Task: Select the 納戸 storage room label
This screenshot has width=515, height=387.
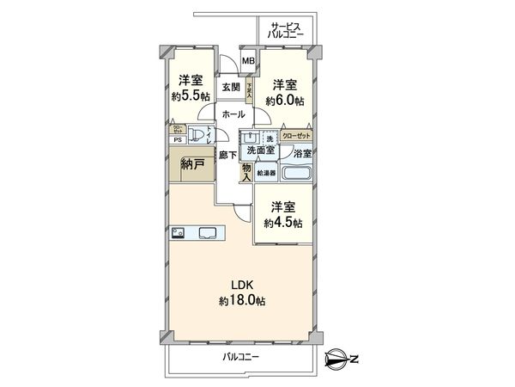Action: [193, 164]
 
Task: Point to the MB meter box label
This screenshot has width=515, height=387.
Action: [247, 61]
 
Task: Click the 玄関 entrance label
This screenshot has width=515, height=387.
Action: [230, 87]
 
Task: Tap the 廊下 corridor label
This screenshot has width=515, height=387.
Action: [227, 155]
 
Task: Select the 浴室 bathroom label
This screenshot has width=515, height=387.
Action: [302, 153]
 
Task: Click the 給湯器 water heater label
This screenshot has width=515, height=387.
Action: [267, 172]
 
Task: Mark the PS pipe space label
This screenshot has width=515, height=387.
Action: [178, 139]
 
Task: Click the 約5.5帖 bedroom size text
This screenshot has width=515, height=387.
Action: [190, 95]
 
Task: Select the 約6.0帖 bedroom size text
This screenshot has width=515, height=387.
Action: [284, 101]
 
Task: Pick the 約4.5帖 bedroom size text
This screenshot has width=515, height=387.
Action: [284, 223]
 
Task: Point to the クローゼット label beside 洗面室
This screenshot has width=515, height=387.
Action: [294, 136]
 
